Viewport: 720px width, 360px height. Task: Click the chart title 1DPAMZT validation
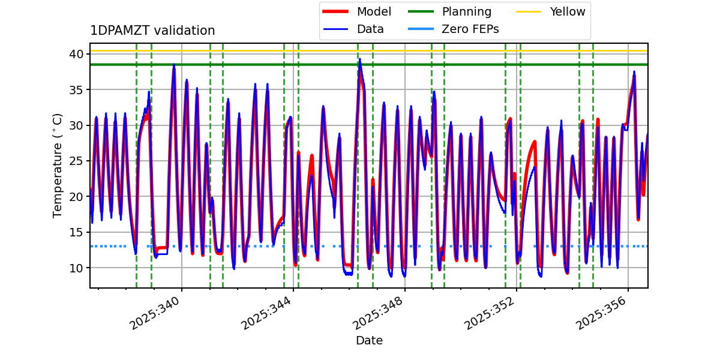[x=152, y=31]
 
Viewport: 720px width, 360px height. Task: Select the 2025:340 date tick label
[x=154, y=313]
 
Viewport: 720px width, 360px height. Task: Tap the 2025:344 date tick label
[x=266, y=313]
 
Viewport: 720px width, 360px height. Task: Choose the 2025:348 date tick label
[x=377, y=313]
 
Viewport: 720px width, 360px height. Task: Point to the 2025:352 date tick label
[x=489, y=313]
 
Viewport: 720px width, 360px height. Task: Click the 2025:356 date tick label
[x=601, y=313]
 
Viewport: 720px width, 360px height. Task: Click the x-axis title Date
[x=369, y=341]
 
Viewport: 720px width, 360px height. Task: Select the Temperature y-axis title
[x=58, y=166]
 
